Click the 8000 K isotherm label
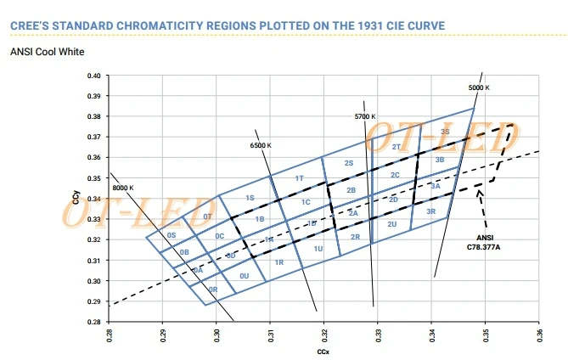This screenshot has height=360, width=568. [123, 188]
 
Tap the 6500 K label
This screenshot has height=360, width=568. [261, 146]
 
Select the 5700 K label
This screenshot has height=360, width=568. [364, 115]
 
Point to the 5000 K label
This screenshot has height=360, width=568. [479, 87]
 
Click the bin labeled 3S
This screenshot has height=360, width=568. [445, 132]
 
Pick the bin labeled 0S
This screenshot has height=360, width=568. [172, 235]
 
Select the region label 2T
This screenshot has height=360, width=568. [396, 147]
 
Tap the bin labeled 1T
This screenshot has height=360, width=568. [300, 178]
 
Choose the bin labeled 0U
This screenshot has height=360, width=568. [245, 276]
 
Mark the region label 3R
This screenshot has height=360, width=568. [431, 211]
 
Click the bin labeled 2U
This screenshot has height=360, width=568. [391, 224]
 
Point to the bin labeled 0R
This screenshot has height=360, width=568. [214, 290]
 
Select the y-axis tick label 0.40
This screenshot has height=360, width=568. [93, 76]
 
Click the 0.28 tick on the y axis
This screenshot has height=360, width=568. [93, 322]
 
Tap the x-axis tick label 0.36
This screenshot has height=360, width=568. [539, 335]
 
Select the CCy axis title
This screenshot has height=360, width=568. [76, 200]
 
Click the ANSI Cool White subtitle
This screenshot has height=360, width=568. [47, 52]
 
